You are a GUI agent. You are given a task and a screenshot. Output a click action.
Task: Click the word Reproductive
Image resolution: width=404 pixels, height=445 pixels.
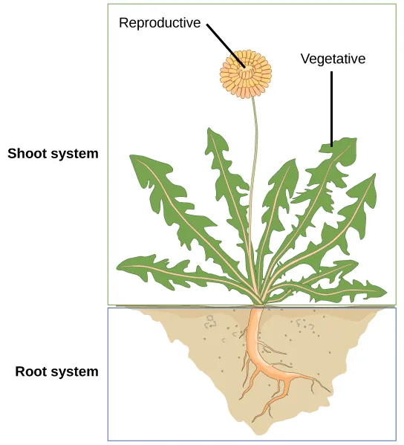(x=160, y=23)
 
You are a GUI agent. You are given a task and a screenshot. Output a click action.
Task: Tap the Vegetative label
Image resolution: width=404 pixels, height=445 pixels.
(x=333, y=59)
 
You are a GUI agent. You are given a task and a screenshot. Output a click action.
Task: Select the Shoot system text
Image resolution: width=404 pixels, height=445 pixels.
(x=53, y=154)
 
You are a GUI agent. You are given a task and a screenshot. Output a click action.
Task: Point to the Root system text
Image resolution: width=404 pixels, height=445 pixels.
(x=56, y=371)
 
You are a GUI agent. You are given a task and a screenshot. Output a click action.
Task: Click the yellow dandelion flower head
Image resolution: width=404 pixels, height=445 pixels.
(x=246, y=72)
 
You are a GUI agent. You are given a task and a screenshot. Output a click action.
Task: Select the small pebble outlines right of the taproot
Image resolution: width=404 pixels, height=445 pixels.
(x=302, y=324)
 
